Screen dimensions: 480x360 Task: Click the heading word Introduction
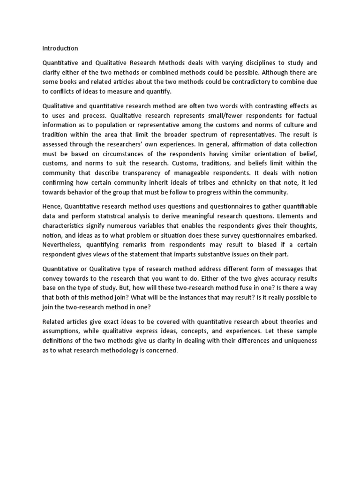60,48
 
